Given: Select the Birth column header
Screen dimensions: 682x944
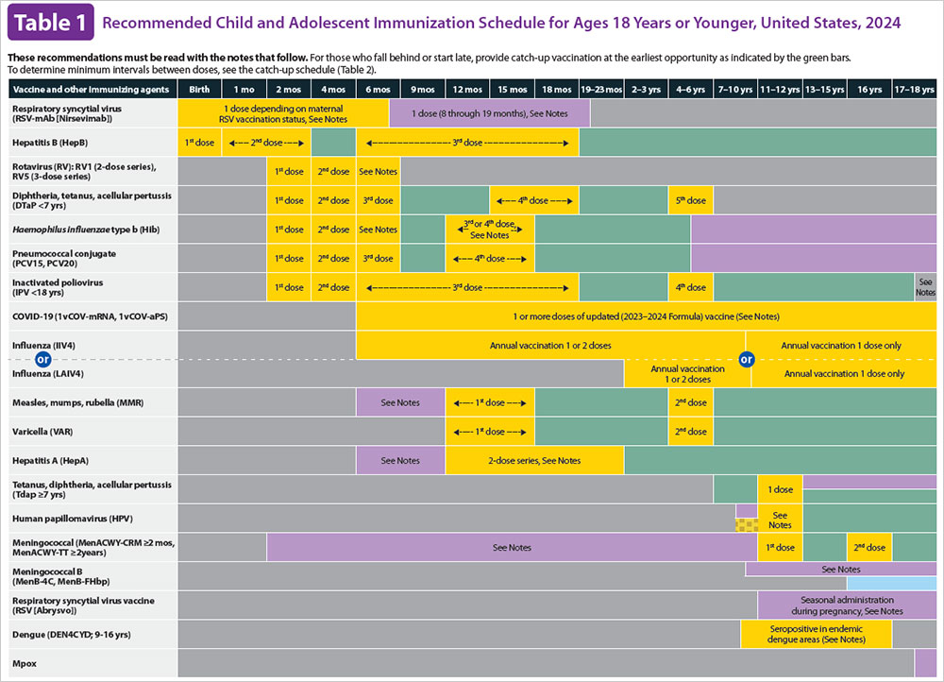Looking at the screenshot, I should tap(199, 89).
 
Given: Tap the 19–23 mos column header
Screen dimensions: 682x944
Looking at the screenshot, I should tap(601, 89).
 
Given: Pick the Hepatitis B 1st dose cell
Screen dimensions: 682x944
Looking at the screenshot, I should tap(199, 143).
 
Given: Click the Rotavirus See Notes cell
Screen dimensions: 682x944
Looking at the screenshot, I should tap(378, 172).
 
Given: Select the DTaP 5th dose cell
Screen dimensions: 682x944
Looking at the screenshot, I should tap(690, 201).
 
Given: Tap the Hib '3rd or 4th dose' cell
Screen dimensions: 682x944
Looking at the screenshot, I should tap(489, 230).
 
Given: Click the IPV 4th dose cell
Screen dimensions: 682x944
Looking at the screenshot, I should tap(690, 288).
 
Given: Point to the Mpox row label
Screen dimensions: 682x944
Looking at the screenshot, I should tap(25, 664).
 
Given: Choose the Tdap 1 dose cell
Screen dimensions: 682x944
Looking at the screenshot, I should tap(780, 489).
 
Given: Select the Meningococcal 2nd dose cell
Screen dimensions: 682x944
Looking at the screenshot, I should tap(868, 548).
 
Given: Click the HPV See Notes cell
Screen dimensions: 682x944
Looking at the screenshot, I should tap(780, 519).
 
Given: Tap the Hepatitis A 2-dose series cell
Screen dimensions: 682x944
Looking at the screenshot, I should tap(534, 460).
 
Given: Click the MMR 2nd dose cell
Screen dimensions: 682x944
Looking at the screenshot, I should tap(690, 402).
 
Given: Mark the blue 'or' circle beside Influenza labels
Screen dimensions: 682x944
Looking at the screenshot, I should tap(41, 359).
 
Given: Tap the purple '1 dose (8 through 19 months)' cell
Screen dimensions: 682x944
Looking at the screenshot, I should tap(489, 113).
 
